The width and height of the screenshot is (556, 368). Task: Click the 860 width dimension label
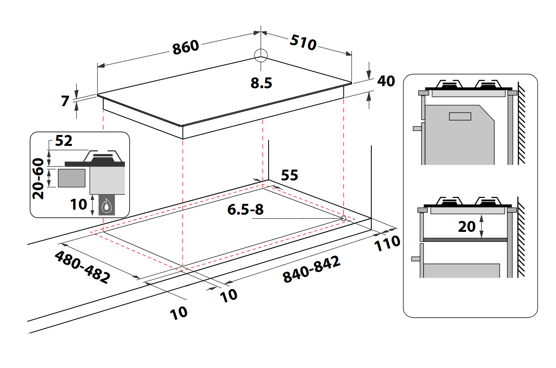[186, 47]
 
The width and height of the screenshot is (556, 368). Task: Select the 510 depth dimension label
[303, 42]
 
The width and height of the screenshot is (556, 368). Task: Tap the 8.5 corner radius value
[261, 83]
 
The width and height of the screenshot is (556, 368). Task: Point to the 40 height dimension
[386, 81]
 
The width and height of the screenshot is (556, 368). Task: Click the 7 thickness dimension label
[65, 101]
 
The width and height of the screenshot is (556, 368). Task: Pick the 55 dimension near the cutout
[289, 175]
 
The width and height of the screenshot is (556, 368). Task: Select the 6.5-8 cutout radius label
[245, 210]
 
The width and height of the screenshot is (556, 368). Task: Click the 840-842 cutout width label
[312, 269]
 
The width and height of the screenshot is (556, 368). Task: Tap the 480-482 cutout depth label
[82, 267]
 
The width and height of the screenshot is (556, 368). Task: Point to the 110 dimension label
[387, 244]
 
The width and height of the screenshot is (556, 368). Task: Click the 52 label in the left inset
[64, 141]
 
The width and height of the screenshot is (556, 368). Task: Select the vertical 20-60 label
[38, 179]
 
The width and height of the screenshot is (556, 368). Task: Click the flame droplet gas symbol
[106, 206]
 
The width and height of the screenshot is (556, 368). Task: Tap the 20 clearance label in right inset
[467, 226]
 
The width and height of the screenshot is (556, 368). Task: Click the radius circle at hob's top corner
[261, 55]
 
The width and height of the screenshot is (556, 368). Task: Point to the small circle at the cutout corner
[343, 219]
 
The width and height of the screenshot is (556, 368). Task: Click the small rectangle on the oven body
[460, 116]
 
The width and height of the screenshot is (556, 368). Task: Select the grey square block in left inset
[71, 178]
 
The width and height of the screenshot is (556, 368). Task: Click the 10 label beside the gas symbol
[78, 205]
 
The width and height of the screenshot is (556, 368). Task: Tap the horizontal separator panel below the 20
[465, 240]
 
